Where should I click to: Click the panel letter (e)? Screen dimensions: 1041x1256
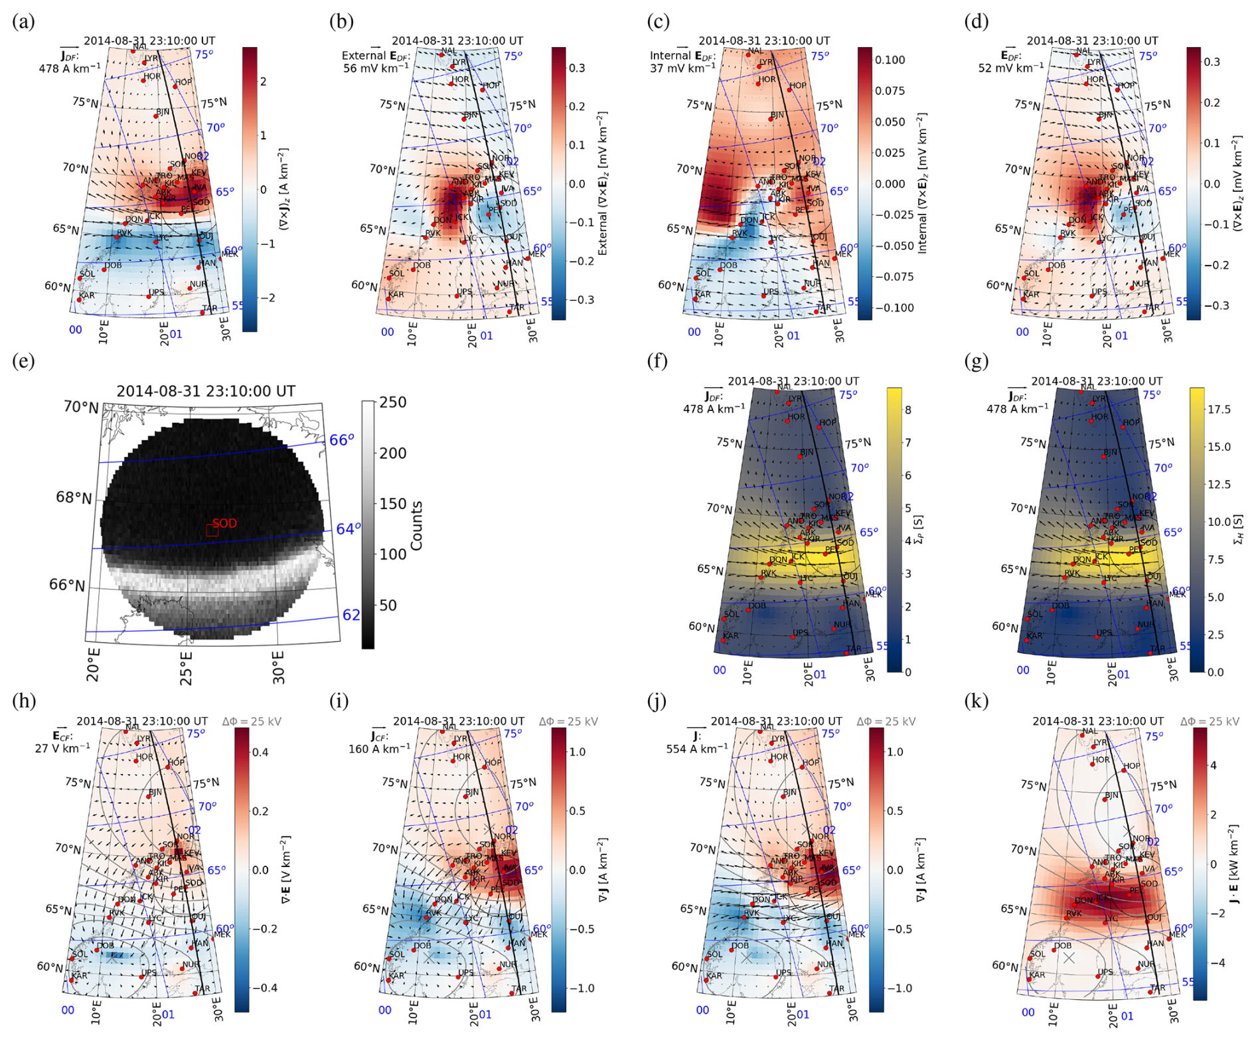point(23,362)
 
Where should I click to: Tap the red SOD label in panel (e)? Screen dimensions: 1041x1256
point(225,523)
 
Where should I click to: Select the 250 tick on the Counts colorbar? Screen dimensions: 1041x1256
point(393,402)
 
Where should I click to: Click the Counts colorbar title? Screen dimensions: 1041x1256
point(417,526)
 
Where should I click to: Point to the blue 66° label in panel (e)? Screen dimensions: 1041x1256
point(342,440)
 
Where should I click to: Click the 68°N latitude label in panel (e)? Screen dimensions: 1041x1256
point(73,497)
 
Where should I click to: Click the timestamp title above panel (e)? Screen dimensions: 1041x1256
point(206,391)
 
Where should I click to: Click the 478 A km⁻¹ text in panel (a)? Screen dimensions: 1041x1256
point(70,68)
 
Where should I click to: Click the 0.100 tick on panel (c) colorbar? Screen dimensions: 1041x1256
point(890,60)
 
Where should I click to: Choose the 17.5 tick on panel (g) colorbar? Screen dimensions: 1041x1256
point(1219,410)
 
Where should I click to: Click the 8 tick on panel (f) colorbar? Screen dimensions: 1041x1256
point(908,410)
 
